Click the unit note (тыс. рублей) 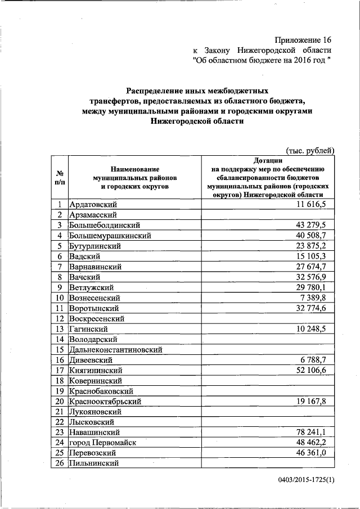coord(310,150)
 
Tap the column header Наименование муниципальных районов coord(134,177)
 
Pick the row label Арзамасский coord(93,214)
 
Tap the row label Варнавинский coord(95,267)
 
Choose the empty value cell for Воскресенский coord(268,318)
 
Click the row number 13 coord(59,329)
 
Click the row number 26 coord(59,463)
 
